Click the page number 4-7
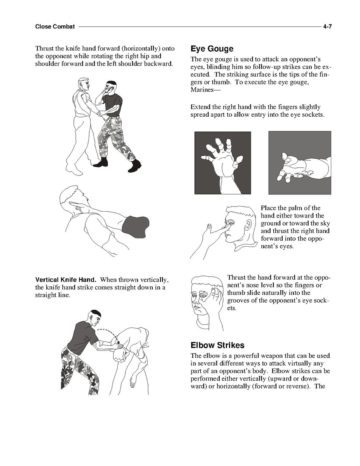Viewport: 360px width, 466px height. click(x=327, y=26)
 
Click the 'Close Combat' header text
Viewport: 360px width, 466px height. click(x=55, y=26)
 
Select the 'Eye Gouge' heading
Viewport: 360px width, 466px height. click(x=212, y=49)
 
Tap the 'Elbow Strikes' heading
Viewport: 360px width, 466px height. click(x=217, y=345)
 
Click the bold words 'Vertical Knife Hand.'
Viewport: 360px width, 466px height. click(x=66, y=280)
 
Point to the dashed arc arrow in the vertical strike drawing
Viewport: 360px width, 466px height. click(x=109, y=335)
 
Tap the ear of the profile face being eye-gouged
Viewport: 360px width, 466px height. click(x=249, y=225)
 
